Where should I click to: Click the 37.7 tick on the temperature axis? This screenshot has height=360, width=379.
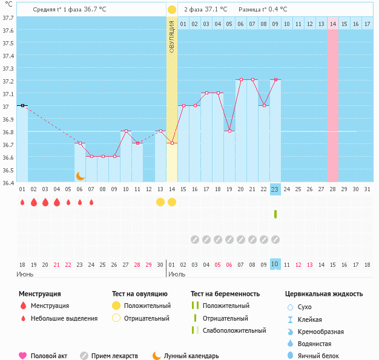8,18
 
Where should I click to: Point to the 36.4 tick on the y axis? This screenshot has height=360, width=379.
8,182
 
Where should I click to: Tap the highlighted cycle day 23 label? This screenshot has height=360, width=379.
275,189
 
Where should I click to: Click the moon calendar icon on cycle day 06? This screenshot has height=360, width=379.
80,175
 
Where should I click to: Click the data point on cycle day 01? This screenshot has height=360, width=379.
22,105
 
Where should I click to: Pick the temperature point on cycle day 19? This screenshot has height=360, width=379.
229,131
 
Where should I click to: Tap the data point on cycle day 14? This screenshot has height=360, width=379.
172,143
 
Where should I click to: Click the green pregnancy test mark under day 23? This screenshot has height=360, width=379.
275,214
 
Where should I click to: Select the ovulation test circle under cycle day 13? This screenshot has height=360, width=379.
160,201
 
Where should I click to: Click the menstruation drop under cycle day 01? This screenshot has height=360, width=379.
22,202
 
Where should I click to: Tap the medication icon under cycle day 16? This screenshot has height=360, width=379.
194,240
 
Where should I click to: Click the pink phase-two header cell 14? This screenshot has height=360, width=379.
333,24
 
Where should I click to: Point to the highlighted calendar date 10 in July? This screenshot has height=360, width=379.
275,264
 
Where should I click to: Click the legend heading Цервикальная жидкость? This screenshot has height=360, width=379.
323,294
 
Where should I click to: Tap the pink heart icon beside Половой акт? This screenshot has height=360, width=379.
23,356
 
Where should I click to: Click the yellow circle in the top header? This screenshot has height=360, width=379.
172,10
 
